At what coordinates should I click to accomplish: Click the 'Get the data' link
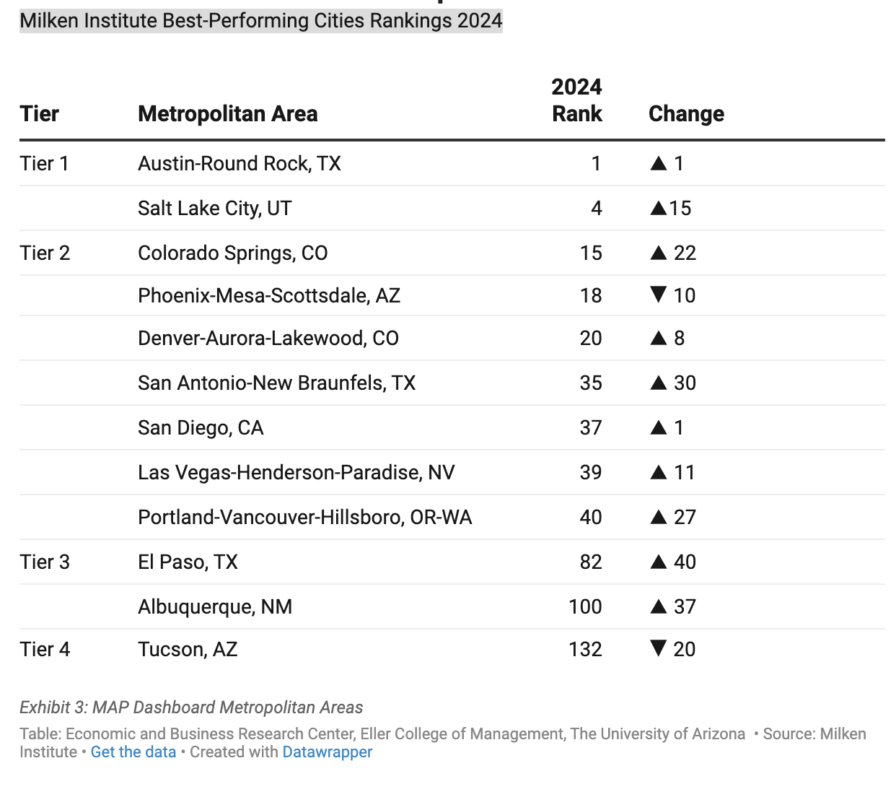point(133,752)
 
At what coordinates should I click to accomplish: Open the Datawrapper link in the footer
point(327,752)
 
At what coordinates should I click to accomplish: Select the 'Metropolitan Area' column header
point(227,113)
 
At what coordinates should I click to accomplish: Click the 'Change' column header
point(686,113)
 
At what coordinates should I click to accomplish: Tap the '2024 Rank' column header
point(576,100)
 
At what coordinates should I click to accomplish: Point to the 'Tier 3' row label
point(45,562)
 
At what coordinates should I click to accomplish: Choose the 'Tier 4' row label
point(45,649)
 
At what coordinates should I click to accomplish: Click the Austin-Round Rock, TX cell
point(239,163)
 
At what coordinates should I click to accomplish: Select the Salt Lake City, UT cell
point(214,208)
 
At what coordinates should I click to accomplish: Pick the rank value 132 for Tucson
point(585,649)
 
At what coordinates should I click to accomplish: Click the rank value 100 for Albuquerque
point(585,606)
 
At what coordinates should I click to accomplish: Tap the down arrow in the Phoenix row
point(658,295)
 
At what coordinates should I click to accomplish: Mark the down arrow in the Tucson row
point(658,648)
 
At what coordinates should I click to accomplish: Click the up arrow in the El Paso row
point(658,562)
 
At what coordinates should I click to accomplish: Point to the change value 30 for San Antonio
point(685,383)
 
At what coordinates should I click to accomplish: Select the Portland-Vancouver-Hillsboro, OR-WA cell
point(304,517)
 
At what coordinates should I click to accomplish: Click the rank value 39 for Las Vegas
point(591,472)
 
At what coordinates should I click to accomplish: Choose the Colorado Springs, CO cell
point(232,253)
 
